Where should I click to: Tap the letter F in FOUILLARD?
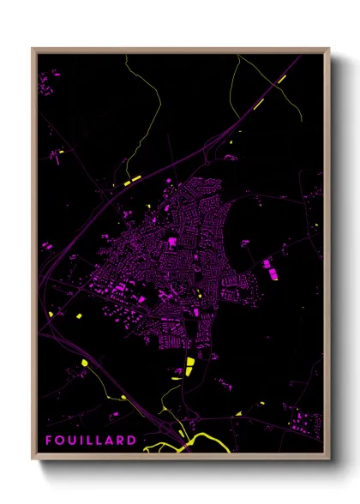pos(49,441)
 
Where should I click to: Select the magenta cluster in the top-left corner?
pos(48,82)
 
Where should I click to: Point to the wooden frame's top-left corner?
pos(33,49)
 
